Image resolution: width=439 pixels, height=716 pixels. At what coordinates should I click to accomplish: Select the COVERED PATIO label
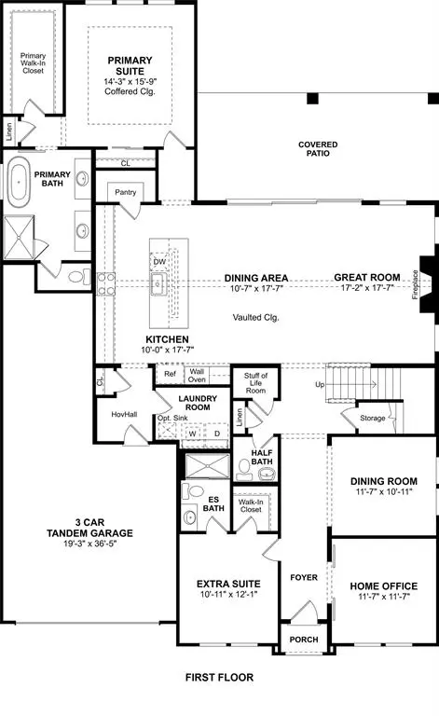(318, 150)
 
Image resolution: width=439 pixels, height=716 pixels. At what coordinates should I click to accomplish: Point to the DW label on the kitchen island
(159, 262)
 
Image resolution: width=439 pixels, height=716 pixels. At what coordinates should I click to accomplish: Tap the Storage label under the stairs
(373, 418)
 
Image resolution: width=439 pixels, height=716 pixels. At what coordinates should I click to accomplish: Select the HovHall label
(124, 414)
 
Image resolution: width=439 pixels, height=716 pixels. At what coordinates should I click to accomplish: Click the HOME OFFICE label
(382, 585)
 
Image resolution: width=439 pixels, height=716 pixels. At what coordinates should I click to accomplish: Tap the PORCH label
(303, 640)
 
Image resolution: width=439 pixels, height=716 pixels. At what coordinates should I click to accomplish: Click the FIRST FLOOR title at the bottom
(218, 678)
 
